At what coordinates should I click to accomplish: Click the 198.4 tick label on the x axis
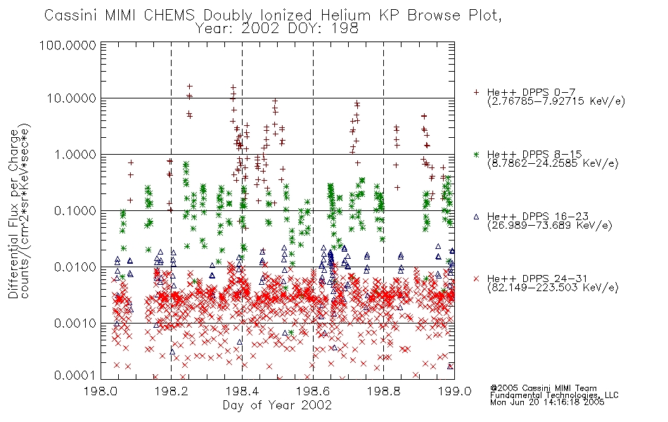click(x=242, y=391)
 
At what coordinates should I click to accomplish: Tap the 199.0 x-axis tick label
click(x=454, y=391)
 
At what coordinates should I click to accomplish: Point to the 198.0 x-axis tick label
click(x=101, y=391)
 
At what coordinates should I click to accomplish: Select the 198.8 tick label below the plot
click(x=383, y=391)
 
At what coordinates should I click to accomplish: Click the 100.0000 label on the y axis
click(x=68, y=45)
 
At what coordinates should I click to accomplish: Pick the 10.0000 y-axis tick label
click(x=72, y=98)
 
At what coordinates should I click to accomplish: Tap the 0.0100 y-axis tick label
click(x=75, y=267)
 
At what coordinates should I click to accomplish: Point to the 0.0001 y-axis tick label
click(x=75, y=376)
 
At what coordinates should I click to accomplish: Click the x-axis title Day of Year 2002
click(x=277, y=405)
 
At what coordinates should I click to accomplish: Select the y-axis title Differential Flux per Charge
click(x=14, y=214)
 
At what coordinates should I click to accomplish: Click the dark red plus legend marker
click(x=476, y=92)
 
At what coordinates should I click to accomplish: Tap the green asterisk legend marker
click(x=476, y=154)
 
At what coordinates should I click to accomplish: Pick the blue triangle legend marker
click(x=476, y=217)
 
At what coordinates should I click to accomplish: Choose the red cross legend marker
click(x=476, y=279)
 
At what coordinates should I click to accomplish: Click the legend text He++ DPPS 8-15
click(x=534, y=154)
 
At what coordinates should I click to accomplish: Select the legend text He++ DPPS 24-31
click(x=537, y=279)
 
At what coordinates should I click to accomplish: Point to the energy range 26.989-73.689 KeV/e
click(x=550, y=226)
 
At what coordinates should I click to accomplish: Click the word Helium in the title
click(x=345, y=15)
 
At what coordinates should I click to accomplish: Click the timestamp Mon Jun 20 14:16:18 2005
click(x=547, y=402)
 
